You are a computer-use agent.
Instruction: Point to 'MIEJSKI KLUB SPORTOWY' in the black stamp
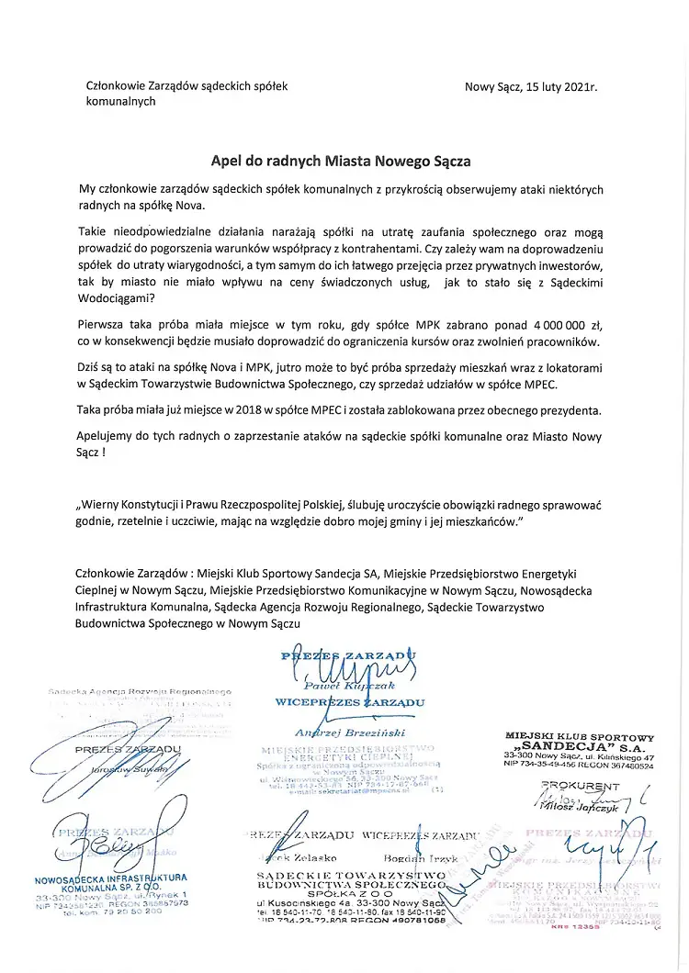(x=580, y=736)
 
